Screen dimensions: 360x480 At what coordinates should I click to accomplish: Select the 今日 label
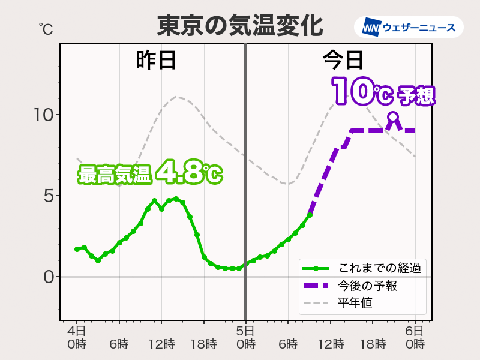(x=343, y=60)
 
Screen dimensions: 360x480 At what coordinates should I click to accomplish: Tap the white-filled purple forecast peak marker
(x=393, y=117)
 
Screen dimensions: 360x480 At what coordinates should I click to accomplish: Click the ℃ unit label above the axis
(x=46, y=28)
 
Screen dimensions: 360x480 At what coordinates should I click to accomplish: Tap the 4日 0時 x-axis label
(x=77, y=338)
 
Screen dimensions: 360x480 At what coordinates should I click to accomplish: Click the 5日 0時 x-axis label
(x=245, y=338)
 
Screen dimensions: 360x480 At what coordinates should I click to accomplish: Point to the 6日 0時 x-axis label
(x=415, y=338)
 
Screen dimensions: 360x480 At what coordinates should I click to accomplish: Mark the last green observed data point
(x=310, y=215)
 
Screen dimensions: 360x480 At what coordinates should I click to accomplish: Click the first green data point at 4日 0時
(x=77, y=249)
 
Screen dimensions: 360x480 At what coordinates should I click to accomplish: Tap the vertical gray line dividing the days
(x=245, y=180)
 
